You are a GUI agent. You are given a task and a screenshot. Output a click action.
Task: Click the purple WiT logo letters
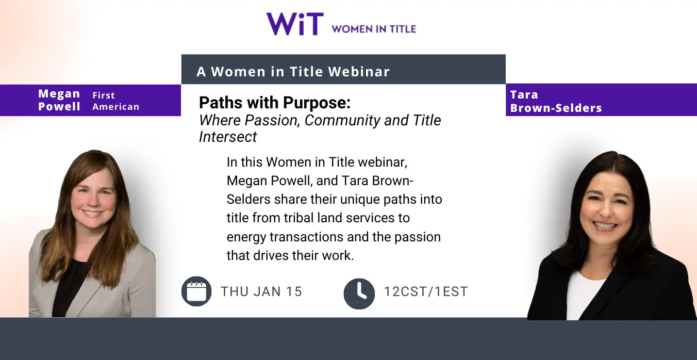[295, 24]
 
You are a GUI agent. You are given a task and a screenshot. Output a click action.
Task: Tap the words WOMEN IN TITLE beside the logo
[374, 29]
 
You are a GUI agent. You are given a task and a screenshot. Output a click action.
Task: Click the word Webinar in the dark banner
[359, 72]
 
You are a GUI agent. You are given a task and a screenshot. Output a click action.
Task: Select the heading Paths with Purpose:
[275, 103]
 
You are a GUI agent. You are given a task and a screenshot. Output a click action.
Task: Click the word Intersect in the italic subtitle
[228, 137]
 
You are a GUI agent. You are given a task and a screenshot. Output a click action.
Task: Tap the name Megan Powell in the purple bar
[59, 100]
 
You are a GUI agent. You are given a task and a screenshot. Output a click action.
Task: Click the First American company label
[116, 101]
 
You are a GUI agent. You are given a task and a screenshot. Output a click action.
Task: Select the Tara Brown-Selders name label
[556, 101]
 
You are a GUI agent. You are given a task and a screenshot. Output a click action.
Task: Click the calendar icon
[196, 291]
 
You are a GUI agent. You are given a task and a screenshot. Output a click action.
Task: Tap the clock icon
[359, 293]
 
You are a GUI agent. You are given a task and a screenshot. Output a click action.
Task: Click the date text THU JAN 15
[261, 292]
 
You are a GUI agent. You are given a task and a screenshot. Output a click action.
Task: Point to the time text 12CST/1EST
[426, 292]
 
